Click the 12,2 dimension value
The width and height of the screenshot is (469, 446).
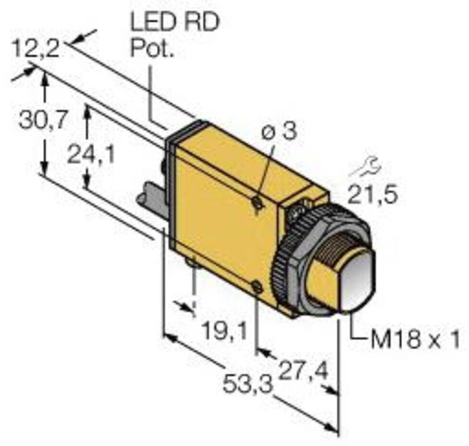click(x=36, y=49)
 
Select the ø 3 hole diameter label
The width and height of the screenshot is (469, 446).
click(x=280, y=132)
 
